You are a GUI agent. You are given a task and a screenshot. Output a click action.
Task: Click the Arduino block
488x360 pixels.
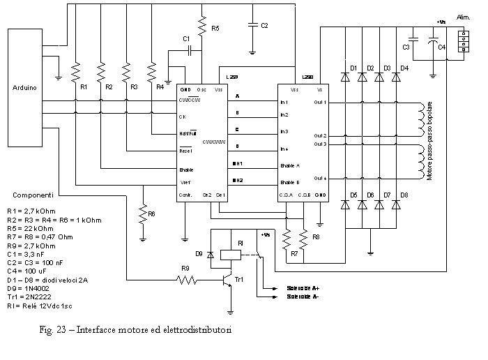(x=24, y=87)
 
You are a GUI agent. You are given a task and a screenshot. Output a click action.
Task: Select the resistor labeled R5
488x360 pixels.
(x=202, y=27)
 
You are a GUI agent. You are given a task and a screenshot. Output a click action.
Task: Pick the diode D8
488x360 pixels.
(x=397, y=204)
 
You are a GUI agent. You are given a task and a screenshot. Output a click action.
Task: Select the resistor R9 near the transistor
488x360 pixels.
(x=186, y=280)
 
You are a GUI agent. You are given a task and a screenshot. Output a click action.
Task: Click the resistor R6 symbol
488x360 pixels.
(x=143, y=213)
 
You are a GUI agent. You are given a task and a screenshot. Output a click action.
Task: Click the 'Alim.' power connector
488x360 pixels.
(x=462, y=41)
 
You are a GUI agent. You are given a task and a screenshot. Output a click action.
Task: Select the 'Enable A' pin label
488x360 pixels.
(x=289, y=166)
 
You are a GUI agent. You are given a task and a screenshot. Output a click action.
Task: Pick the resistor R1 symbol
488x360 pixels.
(x=76, y=73)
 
